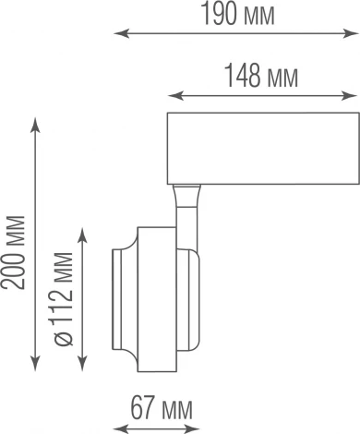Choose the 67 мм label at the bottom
pos(156,407)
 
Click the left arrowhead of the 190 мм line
pos(118,34)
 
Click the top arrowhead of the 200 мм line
pos(35,121)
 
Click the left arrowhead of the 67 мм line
pos(114,427)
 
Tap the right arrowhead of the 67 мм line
pos(196,427)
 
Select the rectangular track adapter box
pos(261,147)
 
